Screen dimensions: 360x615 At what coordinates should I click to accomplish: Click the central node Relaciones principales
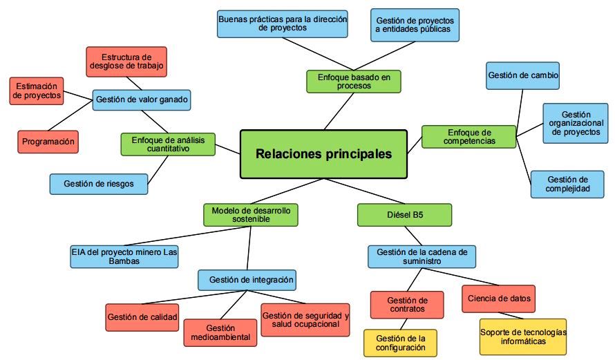pyautogui.click(x=323, y=154)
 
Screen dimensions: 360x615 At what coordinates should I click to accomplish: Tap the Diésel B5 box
pyautogui.click(x=404, y=215)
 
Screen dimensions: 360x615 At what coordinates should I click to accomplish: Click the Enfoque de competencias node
pyautogui.click(x=469, y=136)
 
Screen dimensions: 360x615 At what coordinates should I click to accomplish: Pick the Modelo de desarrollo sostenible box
pyautogui.click(x=251, y=214)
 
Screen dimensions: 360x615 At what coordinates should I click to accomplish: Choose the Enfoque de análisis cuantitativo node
pyautogui.click(x=168, y=144)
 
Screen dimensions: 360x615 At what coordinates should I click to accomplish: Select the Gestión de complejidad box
pyautogui.click(x=571, y=184)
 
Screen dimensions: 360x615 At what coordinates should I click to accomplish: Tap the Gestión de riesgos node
pyautogui.click(x=99, y=184)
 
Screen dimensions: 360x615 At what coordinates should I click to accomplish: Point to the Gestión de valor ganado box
pyautogui.click(x=142, y=100)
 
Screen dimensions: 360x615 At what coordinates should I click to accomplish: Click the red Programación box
pyautogui.click(x=48, y=141)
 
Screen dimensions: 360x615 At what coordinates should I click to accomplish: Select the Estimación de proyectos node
pyautogui.click(x=37, y=91)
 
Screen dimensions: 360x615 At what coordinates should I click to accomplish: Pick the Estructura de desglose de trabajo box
pyautogui.click(x=127, y=61)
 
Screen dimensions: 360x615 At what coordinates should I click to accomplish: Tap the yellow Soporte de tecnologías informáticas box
pyautogui.click(x=522, y=337)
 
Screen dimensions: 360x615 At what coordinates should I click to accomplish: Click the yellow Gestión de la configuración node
pyautogui.click(x=401, y=342)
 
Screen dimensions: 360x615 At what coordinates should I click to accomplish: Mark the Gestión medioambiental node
pyautogui.click(x=220, y=332)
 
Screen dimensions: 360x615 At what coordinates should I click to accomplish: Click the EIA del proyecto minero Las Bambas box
pyautogui.click(x=124, y=256)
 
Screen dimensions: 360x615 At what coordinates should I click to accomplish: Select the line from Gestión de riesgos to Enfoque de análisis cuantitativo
pyautogui.click(x=160, y=169)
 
